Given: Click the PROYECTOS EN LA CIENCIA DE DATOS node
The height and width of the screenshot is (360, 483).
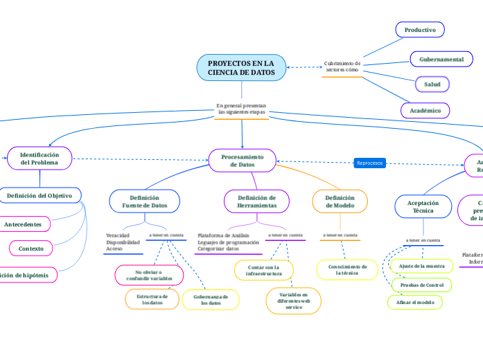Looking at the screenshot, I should pyautogui.click(x=241, y=67).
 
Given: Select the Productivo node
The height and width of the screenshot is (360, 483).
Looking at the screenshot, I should pyautogui.click(x=420, y=30).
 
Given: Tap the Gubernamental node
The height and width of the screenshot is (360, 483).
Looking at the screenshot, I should pyautogui.click(x=441, y=60).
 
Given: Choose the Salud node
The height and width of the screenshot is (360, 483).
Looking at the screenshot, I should pyautogui.click(x=432, y=84).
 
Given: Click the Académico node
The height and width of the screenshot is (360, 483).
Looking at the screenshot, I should pyautogui.click(x=425, y=110).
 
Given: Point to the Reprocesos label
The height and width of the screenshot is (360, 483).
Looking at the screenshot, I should pyautogui.click(x=369, y=163).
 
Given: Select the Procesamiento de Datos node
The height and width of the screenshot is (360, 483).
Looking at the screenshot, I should pyautogui.click(x=242, y=161).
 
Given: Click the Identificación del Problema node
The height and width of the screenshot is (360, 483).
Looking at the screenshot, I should pyautogui.click(x=39, y=158).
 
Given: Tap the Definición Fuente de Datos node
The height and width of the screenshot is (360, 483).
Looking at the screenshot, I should pyautogui.click(x=145, y=201).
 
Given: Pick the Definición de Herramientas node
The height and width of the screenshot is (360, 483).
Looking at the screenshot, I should pyautogui.click(x=256, y=201).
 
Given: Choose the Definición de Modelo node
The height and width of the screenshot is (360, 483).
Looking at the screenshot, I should pyautogui.click(x=340, y=201).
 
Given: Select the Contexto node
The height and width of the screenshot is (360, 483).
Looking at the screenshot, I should pyautogui.click(x=30, y=248).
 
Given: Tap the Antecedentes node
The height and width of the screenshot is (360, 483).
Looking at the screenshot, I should pyautogui.click(x=23, y=224).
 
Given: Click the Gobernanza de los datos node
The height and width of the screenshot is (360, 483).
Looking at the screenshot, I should pyautogui.click(x=211, y=299).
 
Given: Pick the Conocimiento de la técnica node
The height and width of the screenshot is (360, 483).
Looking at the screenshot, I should pyautogui.click(x=347, y=269).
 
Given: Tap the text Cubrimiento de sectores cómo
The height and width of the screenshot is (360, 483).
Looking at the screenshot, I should pyautogui.click(x=342, y=66).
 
